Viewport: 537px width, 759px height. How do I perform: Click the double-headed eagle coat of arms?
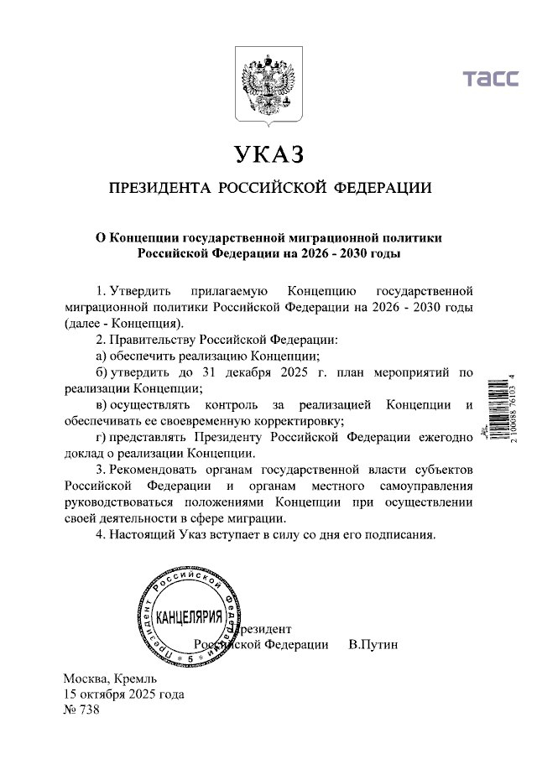click(268, 87)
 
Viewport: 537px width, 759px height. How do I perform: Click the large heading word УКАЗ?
click(268, 155)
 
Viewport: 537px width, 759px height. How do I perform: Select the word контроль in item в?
click(222, 405)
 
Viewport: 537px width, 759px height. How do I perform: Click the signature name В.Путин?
click(373, 644)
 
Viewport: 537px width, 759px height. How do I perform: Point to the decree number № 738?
click(81, 710)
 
